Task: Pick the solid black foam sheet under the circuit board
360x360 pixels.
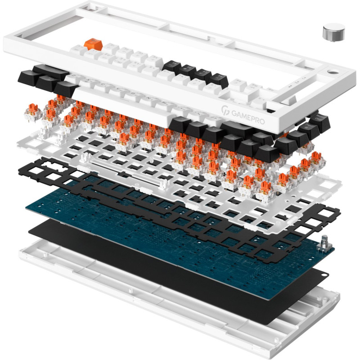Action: [180, 270]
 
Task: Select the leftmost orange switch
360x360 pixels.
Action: [37, 116]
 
